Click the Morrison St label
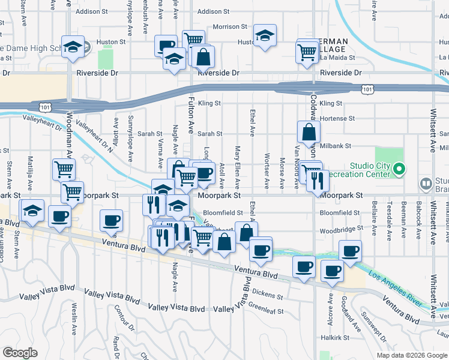coord(230,26)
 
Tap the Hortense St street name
coord(337,118)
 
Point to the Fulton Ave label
coord(191,114)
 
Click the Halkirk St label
coord(335,338)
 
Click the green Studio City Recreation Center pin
coord(401,169)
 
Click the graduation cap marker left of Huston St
coord(73,47)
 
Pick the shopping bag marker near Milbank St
coord(308,133)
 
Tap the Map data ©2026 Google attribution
coord(411,355)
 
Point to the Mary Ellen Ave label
coord(238,166)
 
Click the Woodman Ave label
coord(70,135)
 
